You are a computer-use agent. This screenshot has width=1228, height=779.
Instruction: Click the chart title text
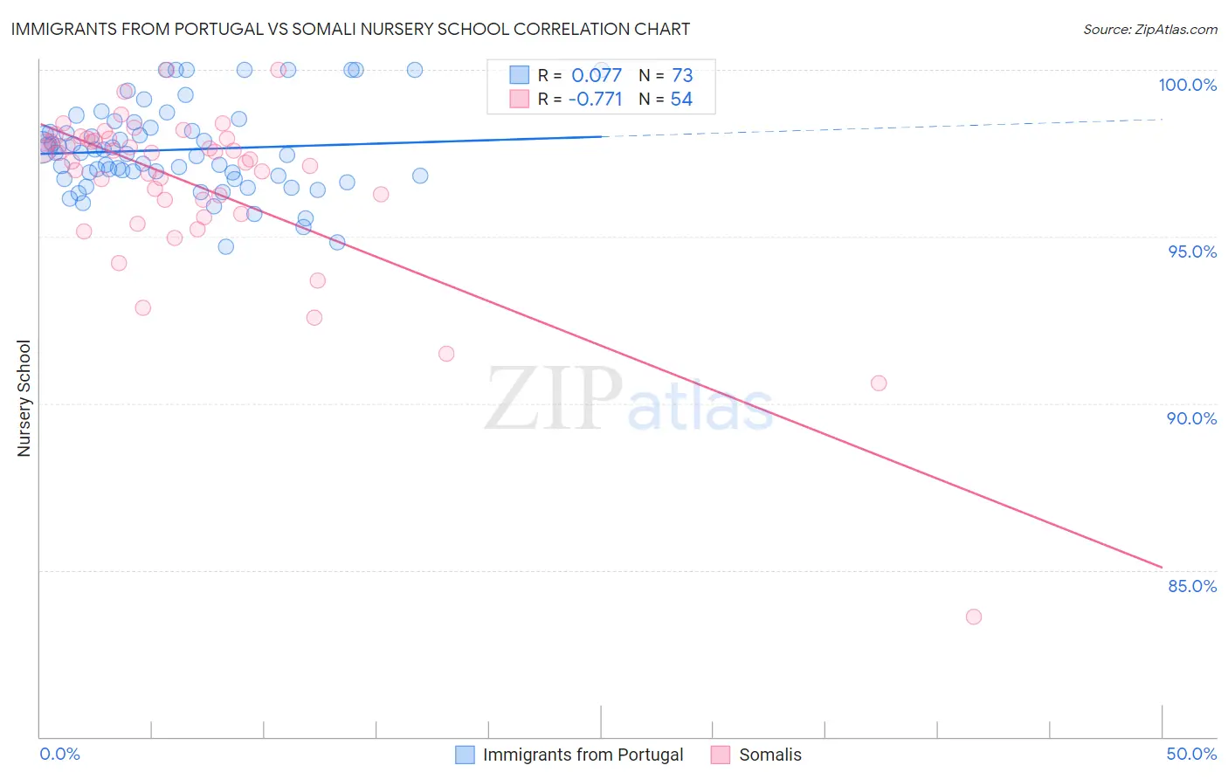350,29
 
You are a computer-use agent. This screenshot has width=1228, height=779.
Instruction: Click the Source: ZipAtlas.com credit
1149,29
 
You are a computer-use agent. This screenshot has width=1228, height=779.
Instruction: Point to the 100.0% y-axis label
1187,85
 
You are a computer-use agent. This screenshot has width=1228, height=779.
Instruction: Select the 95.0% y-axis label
1192,252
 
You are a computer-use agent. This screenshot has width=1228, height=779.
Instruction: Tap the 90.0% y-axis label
1192,418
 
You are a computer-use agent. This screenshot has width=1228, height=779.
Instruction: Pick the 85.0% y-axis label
1192,586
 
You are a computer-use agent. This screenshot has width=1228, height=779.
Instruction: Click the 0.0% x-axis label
59,754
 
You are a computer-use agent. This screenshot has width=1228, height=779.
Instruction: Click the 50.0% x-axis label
1191,754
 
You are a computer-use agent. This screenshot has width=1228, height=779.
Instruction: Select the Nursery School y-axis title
24,398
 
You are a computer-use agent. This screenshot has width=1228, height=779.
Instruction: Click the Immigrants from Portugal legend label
583,755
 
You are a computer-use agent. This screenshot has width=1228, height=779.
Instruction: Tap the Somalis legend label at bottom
769,755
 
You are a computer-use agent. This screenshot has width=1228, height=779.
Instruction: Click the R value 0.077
597,75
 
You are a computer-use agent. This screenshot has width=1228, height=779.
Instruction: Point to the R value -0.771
595,100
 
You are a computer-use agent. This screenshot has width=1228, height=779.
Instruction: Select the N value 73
682,75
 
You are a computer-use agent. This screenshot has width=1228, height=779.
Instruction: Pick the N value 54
681,100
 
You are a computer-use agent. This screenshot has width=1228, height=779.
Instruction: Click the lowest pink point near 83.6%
974,617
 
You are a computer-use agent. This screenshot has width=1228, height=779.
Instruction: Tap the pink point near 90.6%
879,383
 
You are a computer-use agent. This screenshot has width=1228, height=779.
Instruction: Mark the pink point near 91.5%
446,354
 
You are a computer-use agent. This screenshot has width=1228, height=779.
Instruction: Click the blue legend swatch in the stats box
520,75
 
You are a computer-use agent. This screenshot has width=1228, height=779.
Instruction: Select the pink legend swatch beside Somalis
720,755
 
